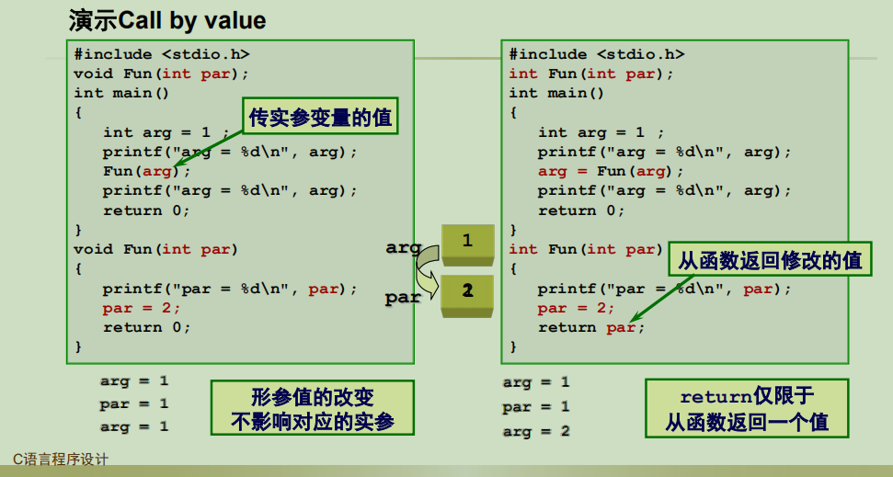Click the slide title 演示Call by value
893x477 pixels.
(167, 20)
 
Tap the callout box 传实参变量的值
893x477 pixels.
(313, 118)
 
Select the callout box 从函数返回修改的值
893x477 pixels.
(769, 261)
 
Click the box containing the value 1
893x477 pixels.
(468, 242)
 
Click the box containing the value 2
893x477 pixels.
(468, 291)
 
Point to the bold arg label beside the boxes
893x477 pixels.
(403, 247)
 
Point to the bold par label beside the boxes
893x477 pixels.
(403, 297)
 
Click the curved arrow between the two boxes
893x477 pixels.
(426, 270)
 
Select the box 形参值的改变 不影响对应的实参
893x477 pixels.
(313, 409)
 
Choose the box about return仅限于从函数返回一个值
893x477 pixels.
(747, 409)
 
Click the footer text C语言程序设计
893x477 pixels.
(60, 459)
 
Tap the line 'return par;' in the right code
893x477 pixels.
(591, 327)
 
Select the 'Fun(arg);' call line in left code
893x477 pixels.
(146, 171)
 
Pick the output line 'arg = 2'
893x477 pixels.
(536, 430)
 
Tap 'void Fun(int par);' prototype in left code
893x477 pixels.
(161, 74)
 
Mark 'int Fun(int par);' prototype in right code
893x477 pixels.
(591, 74)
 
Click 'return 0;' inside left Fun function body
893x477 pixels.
(146, 327)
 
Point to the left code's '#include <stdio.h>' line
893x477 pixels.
(161, 54)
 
